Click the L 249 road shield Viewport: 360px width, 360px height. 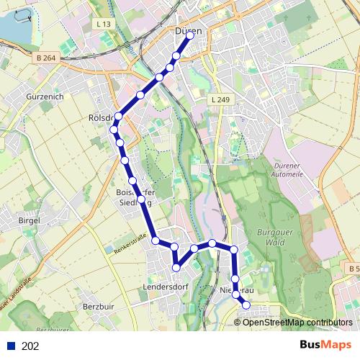pos(219,99)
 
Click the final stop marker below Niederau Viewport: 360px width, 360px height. pos(246,305)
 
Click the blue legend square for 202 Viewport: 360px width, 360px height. pos(10,346)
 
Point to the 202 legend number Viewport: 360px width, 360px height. pos(30,346)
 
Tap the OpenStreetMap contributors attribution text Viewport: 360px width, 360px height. pos(297,323)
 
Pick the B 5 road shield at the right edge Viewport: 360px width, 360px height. pos(353,269)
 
